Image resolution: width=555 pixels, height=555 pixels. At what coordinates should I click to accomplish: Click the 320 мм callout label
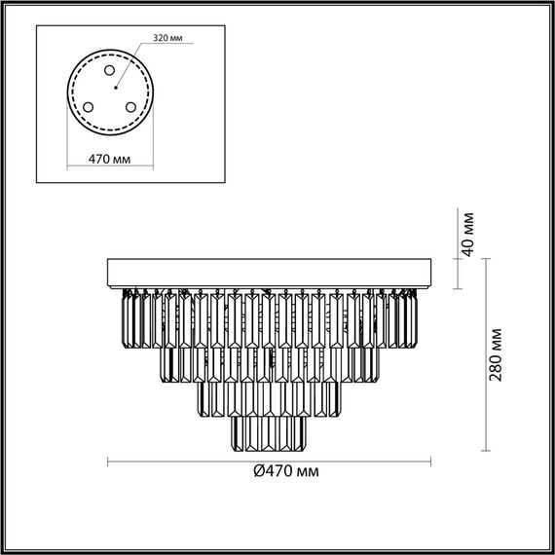click(x=166, y=39)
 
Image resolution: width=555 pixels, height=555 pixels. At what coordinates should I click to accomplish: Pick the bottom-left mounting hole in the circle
click(x=88, y=107)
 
